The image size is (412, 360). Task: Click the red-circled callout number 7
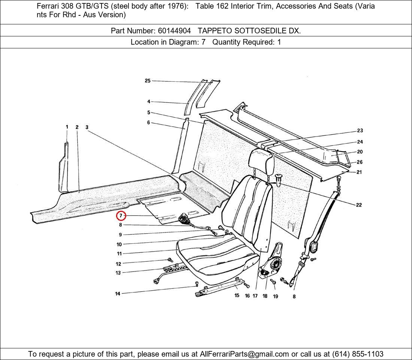pyautogui.click(x=121, y=216)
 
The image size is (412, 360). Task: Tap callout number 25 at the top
pyautogui.click(x=148, y=81)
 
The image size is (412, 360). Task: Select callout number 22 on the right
pyautogui.click(x=359, y=205)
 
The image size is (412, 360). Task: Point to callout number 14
pyautogui.click(x=118, y=294)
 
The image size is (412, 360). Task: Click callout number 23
pyautogui.click(x=360, y=130)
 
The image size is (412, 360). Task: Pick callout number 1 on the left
pyautogui.click(x=67, y=127)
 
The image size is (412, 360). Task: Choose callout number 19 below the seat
pyautogui.click(x=275, y=296)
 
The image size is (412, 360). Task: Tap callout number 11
pyautogui.click(x=119, y=254)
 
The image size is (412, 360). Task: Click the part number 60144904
pyautogui.click(x=173, y=31)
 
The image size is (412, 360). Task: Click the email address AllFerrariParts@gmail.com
pyautogui.click(x=245, y=354)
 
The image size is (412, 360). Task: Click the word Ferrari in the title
pyautogui.click(x=48, y=6)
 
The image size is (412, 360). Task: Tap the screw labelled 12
pyautogui.click(x=170, y=259)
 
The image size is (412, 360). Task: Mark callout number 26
pyautogui.click(x=360, y=162)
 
